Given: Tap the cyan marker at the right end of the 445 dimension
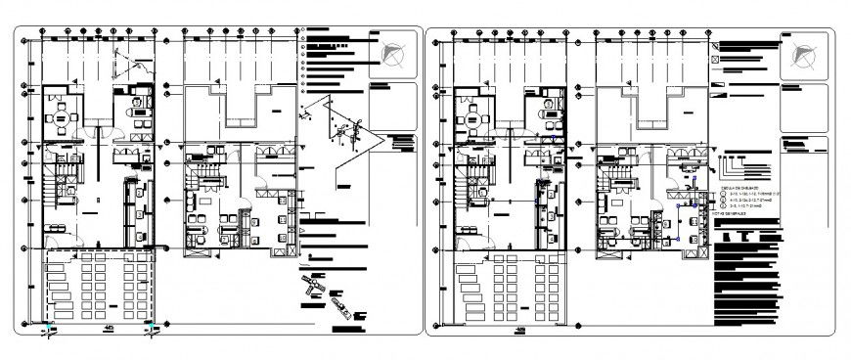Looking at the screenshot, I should (149, 323).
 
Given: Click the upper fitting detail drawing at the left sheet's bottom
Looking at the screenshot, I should (310, 283).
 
